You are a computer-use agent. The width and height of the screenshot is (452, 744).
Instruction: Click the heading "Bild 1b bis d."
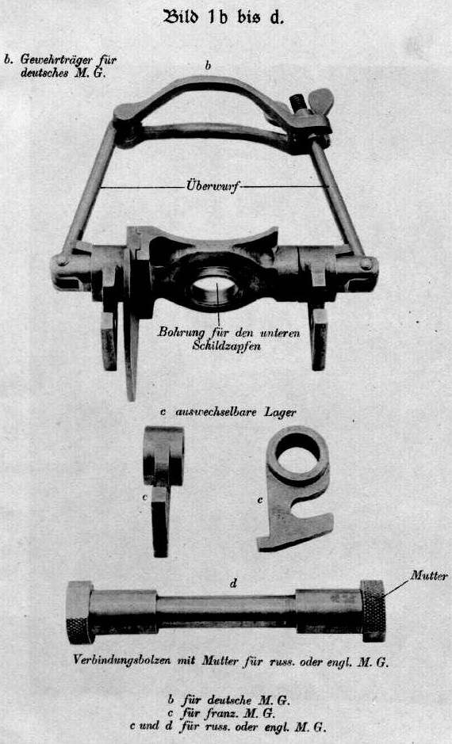(x=224, y=17)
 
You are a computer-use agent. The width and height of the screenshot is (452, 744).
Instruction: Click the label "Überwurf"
(x=213, y=187)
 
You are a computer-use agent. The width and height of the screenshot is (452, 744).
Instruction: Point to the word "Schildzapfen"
(x=227, y=346)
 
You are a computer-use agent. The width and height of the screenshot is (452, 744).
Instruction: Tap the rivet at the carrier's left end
(x=62, y=261)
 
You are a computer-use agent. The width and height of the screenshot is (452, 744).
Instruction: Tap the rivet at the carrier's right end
(x=366, y=265)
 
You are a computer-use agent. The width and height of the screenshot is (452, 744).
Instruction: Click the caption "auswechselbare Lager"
(x=236, y=412)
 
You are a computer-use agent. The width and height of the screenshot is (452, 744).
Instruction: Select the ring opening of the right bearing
(x=298, y=454)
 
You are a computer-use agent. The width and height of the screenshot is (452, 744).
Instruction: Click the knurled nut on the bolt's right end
(x=373, y=610)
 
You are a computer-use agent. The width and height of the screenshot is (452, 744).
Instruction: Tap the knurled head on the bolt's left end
(x=79, y=612)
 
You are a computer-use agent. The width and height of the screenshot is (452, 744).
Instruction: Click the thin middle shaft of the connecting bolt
(x=226, y=612)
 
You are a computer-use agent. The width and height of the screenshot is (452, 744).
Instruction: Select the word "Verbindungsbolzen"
(x=121, y=661)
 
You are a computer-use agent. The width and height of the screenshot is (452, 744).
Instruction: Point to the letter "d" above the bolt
(x=233, y=583)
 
